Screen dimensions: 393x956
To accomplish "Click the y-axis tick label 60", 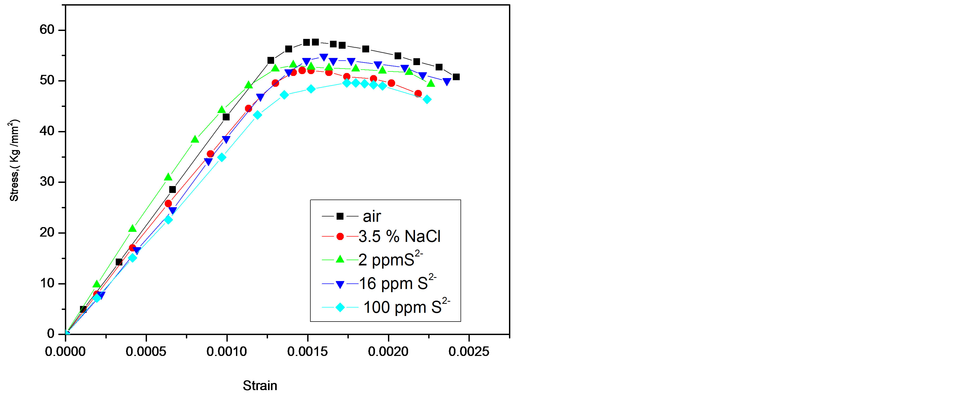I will (x=47, y=30).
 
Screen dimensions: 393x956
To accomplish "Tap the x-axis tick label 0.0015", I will (x=307, y=351).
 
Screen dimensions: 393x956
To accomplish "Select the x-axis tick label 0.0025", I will (x=469, y=351).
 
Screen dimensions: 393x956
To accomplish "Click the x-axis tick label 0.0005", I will (x=146, y=351).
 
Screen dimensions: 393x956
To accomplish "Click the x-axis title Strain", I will (x=260, y=386).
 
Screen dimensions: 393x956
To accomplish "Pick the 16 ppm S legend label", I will (x=397, y=283).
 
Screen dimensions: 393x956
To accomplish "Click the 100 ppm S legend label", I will (x=406, y=307).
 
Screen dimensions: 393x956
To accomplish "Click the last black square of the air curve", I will (x=456, y=77).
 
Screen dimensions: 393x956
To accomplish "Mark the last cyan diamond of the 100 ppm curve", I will (x=427, y=99).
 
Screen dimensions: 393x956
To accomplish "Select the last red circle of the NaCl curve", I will (x=418, y=94).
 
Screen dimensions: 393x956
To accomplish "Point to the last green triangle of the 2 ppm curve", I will (x=431, y=83).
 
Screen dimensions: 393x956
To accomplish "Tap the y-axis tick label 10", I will (x=47, y=283).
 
